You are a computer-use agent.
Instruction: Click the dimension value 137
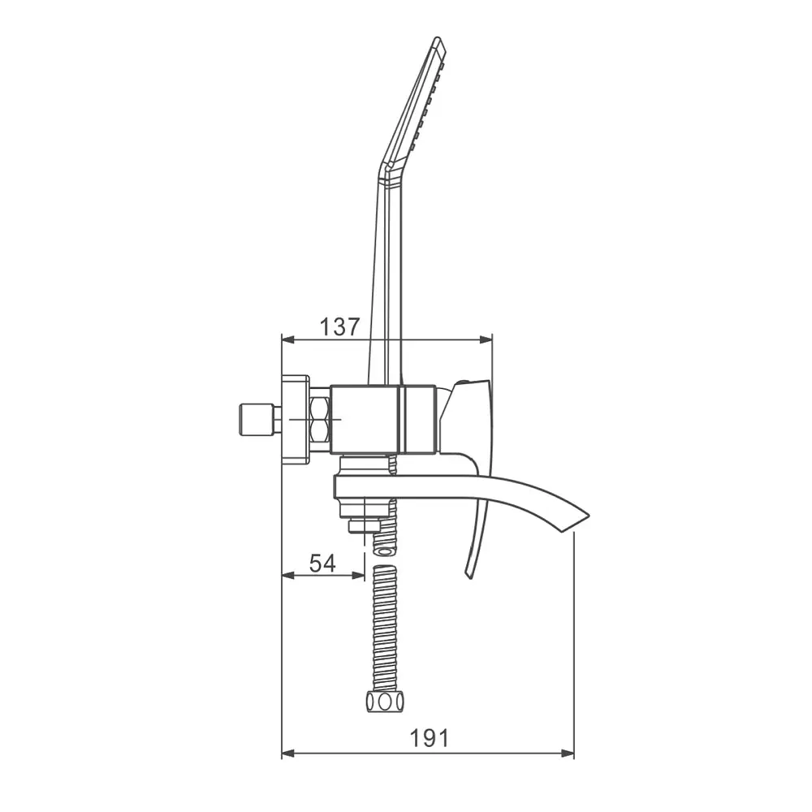[x=339, y=327]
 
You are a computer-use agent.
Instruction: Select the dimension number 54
[x=322, y=564]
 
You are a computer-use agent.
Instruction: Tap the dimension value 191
[x=430, y=738]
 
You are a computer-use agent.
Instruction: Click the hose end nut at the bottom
[x=385, y=702]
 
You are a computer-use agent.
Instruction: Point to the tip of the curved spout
[x=589, y=516]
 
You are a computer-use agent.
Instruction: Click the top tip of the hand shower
[x=438, y=38]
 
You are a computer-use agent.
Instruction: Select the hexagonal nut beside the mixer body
[x=321, y=420]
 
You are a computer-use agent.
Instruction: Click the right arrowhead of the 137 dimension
[x=486, y=339]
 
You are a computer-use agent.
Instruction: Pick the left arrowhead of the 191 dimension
[x=287, y=754]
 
